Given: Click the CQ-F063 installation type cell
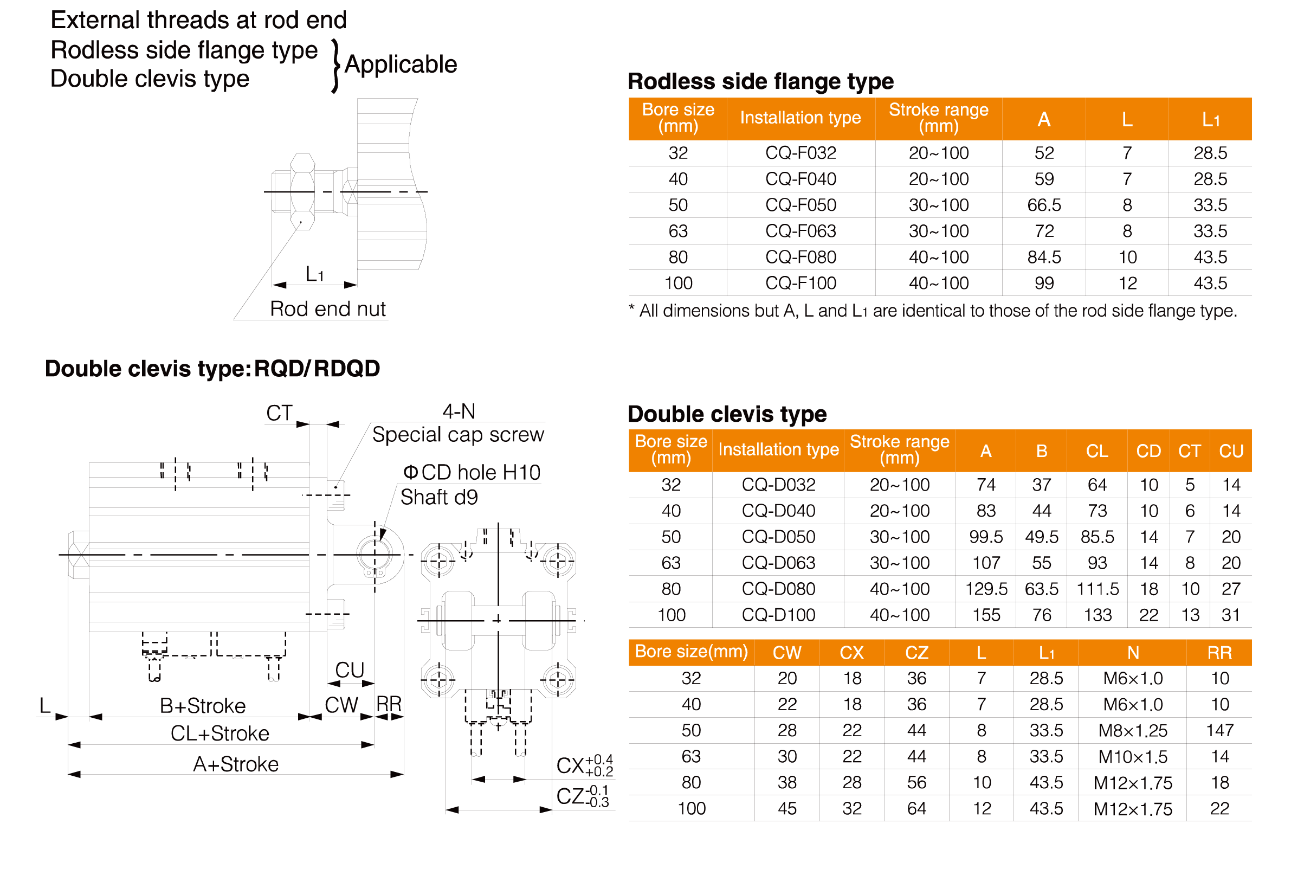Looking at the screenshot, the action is tap(800, 231).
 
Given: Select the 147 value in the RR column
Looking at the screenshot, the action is tap(1219, 730).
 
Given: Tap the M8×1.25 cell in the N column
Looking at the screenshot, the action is tap(1133, 730).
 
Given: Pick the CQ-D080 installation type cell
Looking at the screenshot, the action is tap(778, 589).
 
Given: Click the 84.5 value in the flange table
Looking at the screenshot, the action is tap(1044, 257).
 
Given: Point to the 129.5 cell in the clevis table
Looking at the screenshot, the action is tap(986, 589).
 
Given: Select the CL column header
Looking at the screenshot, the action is tap(1097, 451).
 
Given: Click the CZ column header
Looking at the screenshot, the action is tap(916, 652).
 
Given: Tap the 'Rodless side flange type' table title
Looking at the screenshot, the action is tap(761, 81).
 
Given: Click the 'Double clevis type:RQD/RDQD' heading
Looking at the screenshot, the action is tap(212, 369).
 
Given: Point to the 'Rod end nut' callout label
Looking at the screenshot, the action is tap(327, 308).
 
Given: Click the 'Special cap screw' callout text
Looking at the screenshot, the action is tap(457, 435).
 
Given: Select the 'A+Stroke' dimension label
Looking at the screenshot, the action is tap(235, 764).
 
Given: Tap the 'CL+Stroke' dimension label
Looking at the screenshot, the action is tap(220, 733).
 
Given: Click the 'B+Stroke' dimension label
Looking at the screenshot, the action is tap(202, 705).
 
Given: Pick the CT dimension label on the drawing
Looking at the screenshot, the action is tap(279, 413).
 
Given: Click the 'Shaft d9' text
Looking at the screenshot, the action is tap(439, 497).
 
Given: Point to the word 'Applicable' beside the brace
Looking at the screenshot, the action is tap(401, 65).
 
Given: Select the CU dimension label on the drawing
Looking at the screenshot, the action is tap(350, 670).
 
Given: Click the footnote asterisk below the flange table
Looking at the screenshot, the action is tap(631, 309).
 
